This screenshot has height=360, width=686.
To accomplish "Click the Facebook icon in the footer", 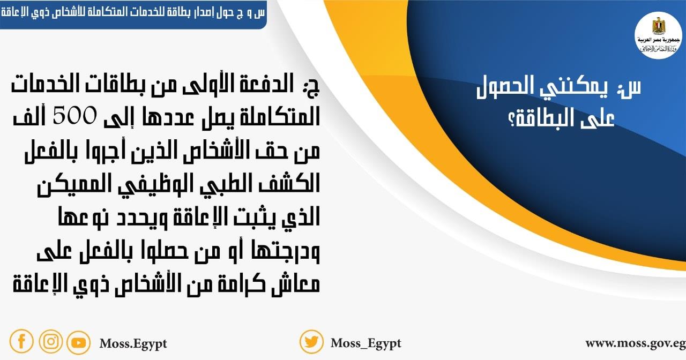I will coord(21,341).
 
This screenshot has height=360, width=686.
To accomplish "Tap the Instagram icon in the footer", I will coord(50,341).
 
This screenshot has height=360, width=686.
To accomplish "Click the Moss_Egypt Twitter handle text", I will coord(366,343).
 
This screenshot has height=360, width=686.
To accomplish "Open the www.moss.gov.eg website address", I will coord(635,343).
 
